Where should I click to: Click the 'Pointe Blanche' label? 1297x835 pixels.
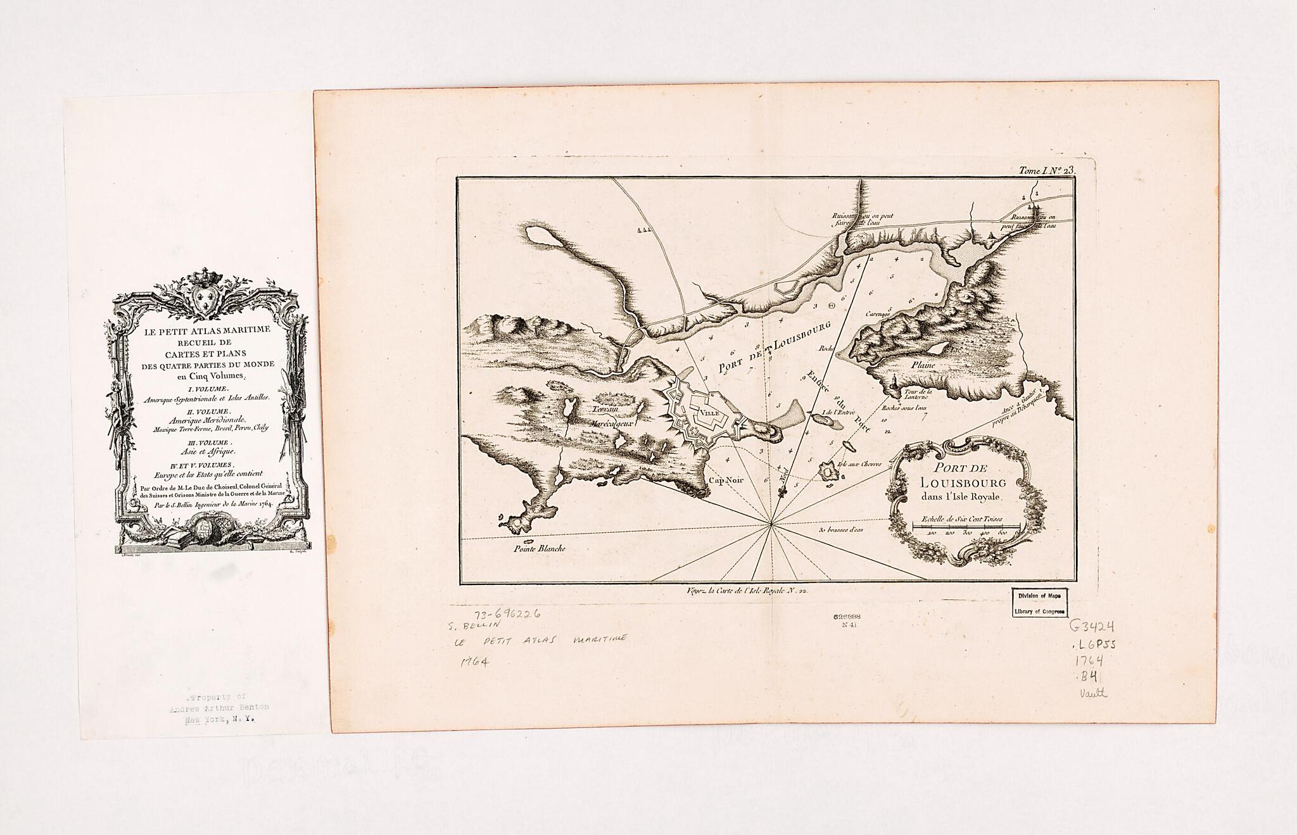pyautogui.click(x=540, y=549)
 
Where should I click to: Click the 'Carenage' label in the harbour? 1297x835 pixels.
pyautogui.click(x=879, y=313)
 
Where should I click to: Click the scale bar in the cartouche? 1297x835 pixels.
pyautogui.click(x=965, y=526)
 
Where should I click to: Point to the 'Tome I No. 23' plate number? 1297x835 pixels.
pyautogui.click(x=1045, y=170)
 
